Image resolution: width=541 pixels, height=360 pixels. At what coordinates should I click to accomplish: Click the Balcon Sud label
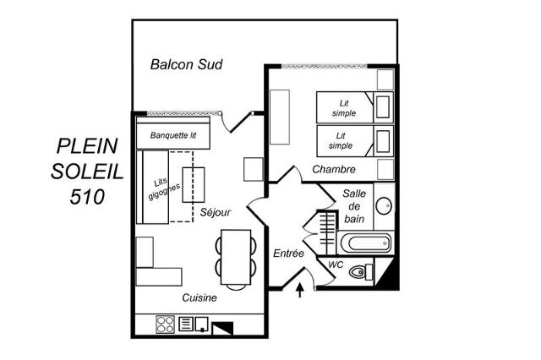click(186, 64)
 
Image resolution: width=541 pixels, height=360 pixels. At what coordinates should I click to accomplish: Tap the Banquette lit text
click(173, 135)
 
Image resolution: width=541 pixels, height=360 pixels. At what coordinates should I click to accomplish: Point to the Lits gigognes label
click(158, 188)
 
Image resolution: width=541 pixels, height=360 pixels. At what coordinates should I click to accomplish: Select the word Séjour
click(216, 212)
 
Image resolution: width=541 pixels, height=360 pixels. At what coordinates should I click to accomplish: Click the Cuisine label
click(200, 297)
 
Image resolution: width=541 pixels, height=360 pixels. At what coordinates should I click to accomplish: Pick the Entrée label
click(288, 253)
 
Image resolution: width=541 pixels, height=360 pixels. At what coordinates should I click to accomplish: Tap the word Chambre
click(333, 169)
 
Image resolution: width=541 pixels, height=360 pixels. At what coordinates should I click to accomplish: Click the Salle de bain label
click(354, 206)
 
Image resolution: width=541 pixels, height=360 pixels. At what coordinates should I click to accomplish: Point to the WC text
click(336, 265)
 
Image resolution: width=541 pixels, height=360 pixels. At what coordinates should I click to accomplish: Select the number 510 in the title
click(88, 197)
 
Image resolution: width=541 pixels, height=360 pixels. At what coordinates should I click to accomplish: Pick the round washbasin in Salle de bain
click(383, 205)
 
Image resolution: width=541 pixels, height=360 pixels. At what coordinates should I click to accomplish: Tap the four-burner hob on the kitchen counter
click(165, 325)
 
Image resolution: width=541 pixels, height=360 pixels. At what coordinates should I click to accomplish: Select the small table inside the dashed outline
click(194, 184)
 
